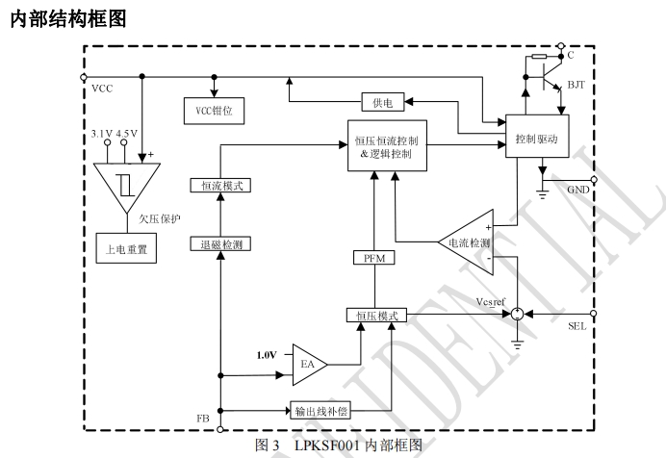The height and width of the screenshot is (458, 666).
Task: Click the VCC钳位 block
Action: point(215,111)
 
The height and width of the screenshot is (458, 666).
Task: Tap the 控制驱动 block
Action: point(536,139)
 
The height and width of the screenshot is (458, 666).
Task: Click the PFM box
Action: point(372,257)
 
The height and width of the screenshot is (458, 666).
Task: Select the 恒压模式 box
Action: point(376,315)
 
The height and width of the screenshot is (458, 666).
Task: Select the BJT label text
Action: point(576,86)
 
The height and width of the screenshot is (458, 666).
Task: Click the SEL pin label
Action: point(578,328)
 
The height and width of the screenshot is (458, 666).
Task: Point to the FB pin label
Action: point(203,419)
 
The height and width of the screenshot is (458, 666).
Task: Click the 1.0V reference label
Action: point(267,355)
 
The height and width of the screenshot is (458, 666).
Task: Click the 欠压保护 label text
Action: point(161,218)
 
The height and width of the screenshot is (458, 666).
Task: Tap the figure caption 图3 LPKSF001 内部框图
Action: point(339,445)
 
